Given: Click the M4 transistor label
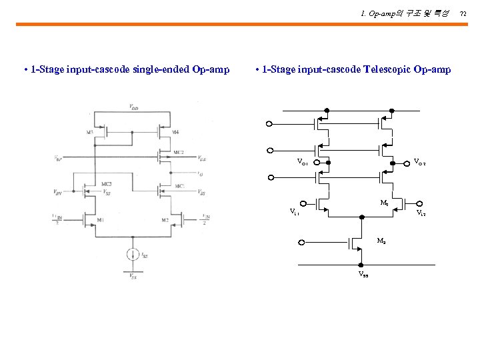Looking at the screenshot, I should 175,133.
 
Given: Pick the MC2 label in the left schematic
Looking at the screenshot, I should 178,153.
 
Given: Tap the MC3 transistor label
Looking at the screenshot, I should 106,184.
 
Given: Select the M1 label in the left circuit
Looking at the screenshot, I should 101,221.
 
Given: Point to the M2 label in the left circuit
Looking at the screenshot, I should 164,221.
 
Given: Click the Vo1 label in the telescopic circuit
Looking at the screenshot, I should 303,162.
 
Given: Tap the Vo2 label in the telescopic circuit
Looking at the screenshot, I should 419,161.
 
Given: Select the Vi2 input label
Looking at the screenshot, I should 421,213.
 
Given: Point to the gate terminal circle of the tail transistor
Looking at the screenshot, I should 302,243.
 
